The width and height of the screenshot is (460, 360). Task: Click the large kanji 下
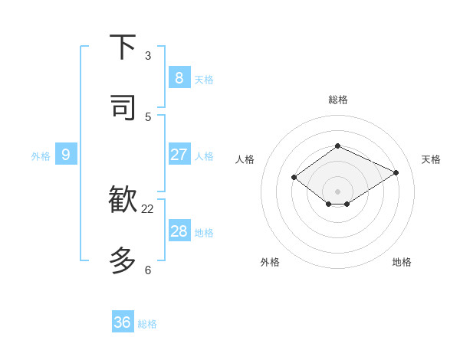(123, 47)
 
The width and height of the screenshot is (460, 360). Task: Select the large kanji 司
(123, 108)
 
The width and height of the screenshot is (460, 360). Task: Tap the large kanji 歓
(123, 200)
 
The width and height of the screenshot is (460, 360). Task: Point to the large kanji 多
(123, 260)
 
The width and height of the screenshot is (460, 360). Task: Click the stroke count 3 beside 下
(148, 56)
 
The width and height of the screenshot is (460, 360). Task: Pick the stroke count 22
(148, 208)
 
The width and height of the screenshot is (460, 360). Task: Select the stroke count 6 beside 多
(148, 270)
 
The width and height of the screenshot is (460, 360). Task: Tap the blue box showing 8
(179, 78)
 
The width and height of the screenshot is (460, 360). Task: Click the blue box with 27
(179, 155)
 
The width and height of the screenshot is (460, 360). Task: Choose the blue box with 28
(179, 231)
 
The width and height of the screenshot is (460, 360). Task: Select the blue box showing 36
(123, 322)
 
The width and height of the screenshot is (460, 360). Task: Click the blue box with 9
(66, 155)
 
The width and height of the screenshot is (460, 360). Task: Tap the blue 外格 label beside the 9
(41, 156)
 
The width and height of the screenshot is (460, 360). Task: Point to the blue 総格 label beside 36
(147, 324)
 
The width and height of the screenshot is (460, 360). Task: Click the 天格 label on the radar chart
(431, 159)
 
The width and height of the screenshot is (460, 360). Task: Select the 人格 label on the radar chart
(245, 159)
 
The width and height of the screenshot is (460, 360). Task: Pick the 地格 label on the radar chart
(402, 262)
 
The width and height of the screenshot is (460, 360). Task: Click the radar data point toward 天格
(396, 172)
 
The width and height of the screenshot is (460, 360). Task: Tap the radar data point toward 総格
(337, 146)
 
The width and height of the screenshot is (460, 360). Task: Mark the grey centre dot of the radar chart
(337, 191)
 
